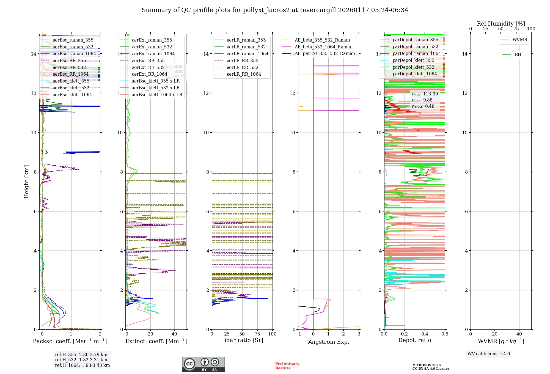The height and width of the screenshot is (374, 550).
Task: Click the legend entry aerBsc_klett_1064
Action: click(72, 95)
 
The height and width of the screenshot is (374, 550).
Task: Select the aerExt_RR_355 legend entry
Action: click(148, 61)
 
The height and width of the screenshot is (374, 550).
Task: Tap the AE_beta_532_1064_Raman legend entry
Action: click(323, 47)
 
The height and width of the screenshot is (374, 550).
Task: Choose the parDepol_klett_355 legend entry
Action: click(413, 60)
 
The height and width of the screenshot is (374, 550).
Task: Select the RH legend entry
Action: click(518, 55)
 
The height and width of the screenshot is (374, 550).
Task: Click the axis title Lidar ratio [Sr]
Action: click(242, 340)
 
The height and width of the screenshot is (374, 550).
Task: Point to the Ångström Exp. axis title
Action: click(329, 342)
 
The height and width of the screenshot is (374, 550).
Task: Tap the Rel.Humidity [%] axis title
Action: click(501, 24)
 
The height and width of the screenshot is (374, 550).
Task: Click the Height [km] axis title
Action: click(26, 182)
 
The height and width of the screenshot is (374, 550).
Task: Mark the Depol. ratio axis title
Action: click(415, 340)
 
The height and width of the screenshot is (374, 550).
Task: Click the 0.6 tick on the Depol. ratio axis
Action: click(445, 334)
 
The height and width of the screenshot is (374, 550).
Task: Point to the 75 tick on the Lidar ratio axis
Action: click(257, 334)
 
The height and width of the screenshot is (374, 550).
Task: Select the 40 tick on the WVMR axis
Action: click(519, 334)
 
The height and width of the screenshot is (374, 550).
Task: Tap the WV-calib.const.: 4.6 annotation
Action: click(489, 354)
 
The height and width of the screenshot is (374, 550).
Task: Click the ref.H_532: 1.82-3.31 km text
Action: click(81, 360)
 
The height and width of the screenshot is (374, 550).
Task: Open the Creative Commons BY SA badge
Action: click(204, 364)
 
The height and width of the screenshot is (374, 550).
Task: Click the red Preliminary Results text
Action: click(287, 366)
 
